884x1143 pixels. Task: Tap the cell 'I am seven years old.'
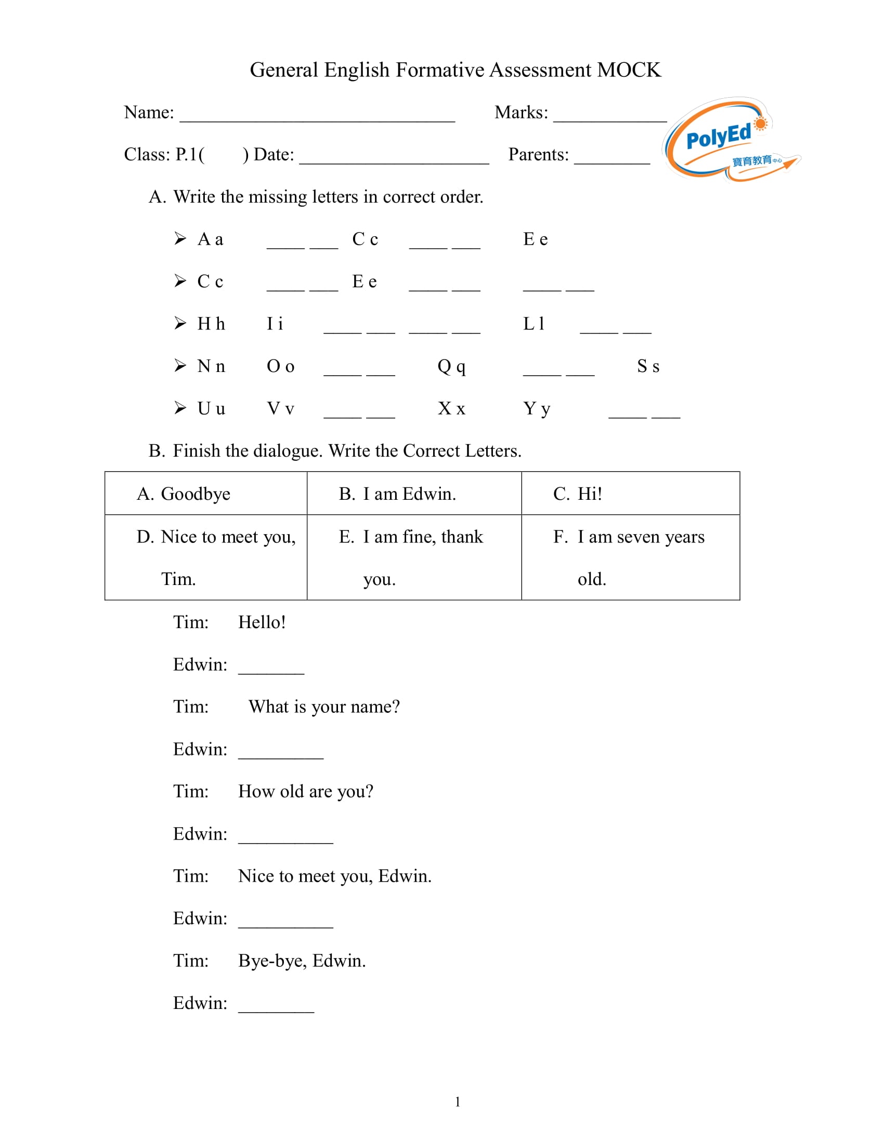pyautogui.click(x=630, y=557)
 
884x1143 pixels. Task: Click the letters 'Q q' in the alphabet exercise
pyautogui.click(x=451, y=366)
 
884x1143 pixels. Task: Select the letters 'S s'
pyautogui.click(x=648, y=366)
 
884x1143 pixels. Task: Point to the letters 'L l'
pyautogui.click(x=534, y=324)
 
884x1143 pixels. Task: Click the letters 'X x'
pyautogui.click(x=451, y=409)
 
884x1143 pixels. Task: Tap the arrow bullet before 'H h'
pyautogui.click(x=180, y=323)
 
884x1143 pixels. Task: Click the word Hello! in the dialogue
pyautogui.click(x=262, y=622)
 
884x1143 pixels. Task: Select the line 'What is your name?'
pyautogui.click(x=323, y=707)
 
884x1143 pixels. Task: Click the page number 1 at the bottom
pyautogui.click(x=458, y=1102)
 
